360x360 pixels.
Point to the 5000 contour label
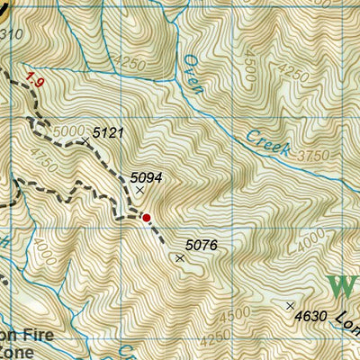point(67,131)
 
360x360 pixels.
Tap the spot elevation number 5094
point(146,177)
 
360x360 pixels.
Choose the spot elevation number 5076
point(202,244)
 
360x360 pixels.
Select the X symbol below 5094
point(139,190)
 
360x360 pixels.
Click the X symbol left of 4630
point(290,306)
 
